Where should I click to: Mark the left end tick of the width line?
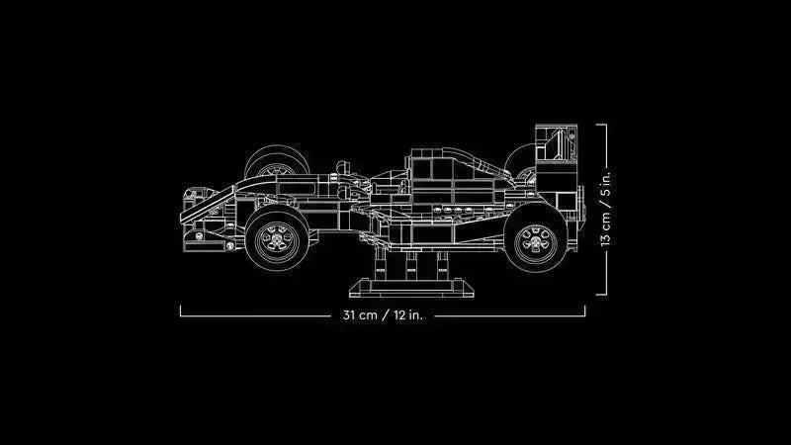click(x=181, y=311)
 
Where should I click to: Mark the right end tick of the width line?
click(x=585, y=311)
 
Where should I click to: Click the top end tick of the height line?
click(x=600, y=124)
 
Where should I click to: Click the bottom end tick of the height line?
click(x=600, y=294)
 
